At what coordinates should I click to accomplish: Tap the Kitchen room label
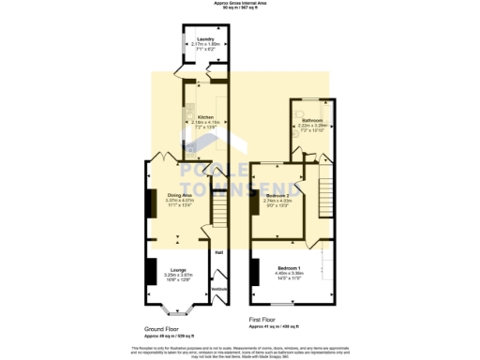point(204,117)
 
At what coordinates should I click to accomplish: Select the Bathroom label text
point(311,121)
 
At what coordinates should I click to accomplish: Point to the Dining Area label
point(179,195)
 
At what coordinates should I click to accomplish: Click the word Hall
point(218,251)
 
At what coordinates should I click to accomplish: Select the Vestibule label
point(218,289)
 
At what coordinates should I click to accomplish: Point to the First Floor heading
point(265,319)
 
